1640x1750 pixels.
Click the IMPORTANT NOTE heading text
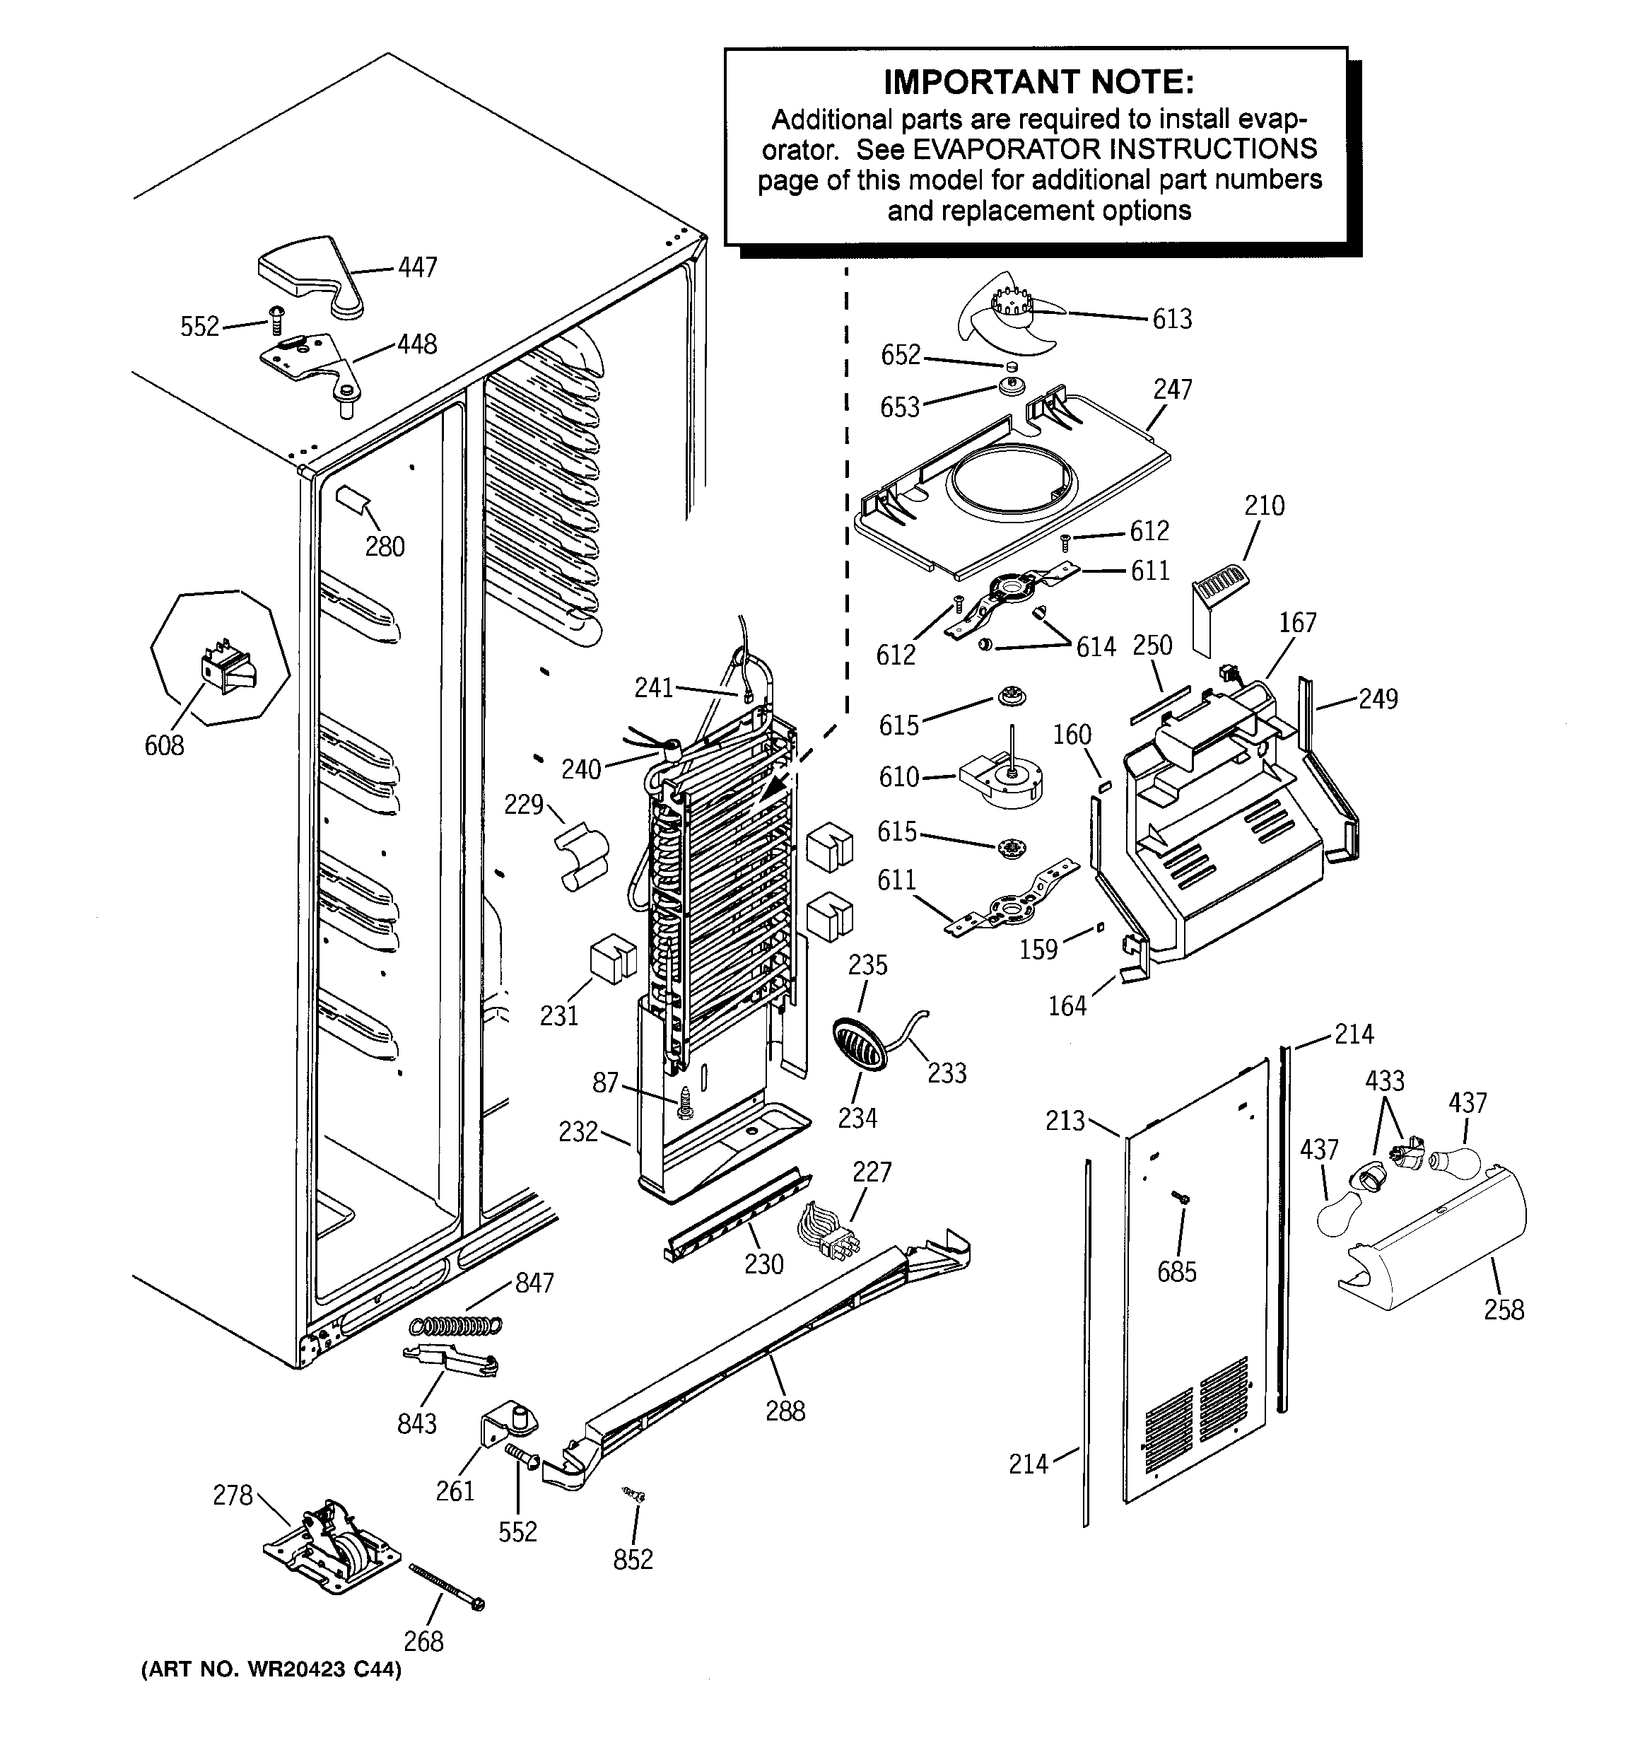pos(1038,82)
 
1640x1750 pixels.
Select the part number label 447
pos(417,267)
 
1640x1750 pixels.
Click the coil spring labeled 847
pos(457,1324)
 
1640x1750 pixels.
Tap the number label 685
pos(1177,1271)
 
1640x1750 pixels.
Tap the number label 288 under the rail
pos(785,1411)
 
